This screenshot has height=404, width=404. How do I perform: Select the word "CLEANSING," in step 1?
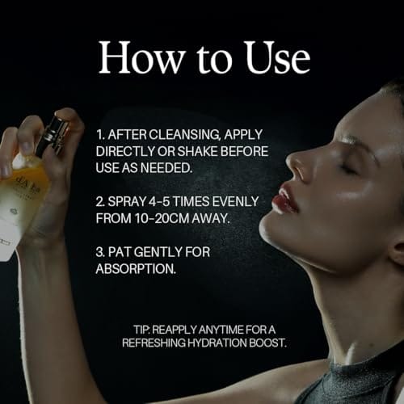(185, 135)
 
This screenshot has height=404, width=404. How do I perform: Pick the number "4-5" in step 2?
(159, 201)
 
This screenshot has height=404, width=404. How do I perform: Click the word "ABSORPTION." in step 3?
(136, 269)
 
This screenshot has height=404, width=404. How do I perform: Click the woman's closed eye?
(347, 168)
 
